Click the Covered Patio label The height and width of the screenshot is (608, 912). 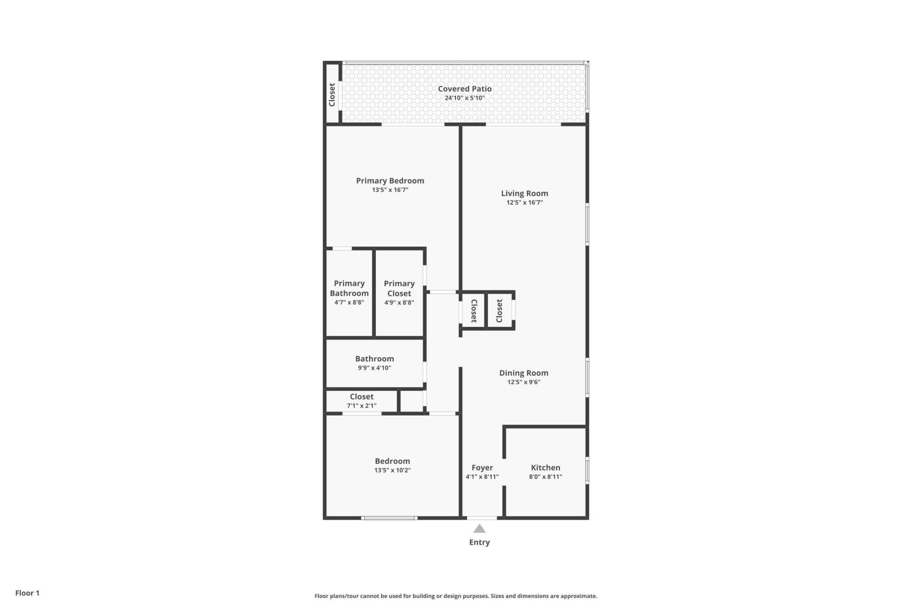point(465,89)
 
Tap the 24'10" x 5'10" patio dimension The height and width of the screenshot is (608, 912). point(465,98)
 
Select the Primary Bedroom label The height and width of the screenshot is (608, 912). point(390,180)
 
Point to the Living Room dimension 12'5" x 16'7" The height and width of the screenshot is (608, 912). point(524,202)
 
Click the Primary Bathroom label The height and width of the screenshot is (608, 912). point(349,288)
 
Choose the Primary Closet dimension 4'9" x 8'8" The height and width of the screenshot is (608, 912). point(399,303)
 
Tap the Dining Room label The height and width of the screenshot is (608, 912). point(523,373)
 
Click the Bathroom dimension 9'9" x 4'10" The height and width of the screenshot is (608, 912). point(374,368)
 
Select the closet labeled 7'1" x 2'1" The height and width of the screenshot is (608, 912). point(361,401)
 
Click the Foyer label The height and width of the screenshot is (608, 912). point(482,468)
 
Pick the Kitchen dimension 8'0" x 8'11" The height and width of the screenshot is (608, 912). point(545,477)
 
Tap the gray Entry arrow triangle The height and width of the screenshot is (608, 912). point(479,529)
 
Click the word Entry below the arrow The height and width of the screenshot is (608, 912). point(479,542)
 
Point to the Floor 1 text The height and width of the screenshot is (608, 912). point(28,593)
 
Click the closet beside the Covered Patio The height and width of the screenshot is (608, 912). point(332,94)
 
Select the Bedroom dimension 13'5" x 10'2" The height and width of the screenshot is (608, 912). point(392,470)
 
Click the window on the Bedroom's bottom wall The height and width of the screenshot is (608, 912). point(389,518)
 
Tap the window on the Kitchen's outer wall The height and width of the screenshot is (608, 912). point(588,470)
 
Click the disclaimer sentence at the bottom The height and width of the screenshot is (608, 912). point(456,596)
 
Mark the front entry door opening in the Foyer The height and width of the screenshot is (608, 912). point(482,518)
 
